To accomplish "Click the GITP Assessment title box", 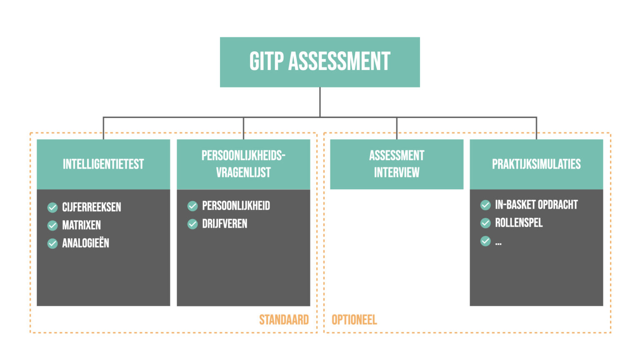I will pyautogui.click(x=320, y=62).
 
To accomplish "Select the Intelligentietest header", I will pyautogui.click(x=103, y=164).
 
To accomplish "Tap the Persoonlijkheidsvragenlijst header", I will pyautogui.click(x=243, y=164).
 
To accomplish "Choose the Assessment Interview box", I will pyautogui.click(x=397, y=164).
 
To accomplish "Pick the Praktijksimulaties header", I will pyautogui.click(x=536, y=164).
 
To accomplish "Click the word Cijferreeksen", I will pyautogui.click(x=92, y=207).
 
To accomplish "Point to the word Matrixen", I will pyautogui.click(x=82, y=225).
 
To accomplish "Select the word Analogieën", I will pyautogui.click(x=86, y=243).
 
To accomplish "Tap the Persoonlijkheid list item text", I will pyautogui.click(x=236, y=206).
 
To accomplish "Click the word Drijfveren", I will pyautogui.click(x=225, y=224).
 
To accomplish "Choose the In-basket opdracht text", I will pyautogui.click(x=537, y=205).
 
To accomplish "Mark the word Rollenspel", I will pyautogui.click(x=519, y=223).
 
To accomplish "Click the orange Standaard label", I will pyautogui.click(x=284, y=320).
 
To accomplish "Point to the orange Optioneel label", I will pyautogui.click(x=354, y=320).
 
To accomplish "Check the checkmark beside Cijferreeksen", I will pyautogui.click(x=52, y=207).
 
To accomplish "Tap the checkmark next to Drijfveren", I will pyautogui.click(x=192, y=224).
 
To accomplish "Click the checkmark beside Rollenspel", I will pyautogui.click(x=485, y=223).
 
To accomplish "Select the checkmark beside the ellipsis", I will pyautogui.click(x=485, y=241).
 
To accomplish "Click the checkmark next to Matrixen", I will pyautogui.click(x=52, y=225).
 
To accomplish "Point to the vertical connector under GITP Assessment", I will pyautogui.click(x=320, y=102).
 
